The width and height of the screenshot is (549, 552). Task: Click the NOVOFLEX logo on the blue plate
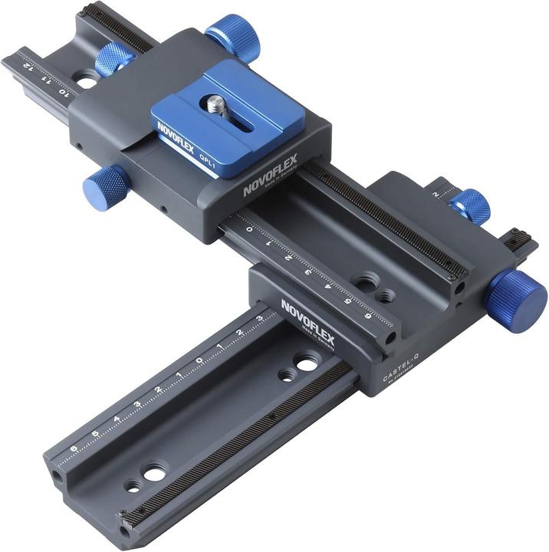(x=176, y=137)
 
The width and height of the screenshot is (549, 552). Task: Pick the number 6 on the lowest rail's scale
(x=74, y=450)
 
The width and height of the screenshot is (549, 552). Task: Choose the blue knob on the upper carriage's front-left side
(x=106, y=183)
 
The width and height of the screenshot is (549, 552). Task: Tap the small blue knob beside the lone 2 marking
(x=469, y=206)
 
